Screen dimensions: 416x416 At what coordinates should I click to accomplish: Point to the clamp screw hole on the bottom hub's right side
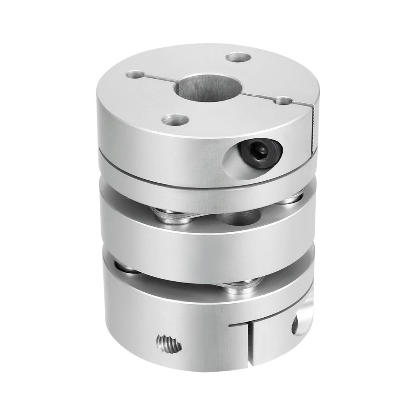tap(300, 325)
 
